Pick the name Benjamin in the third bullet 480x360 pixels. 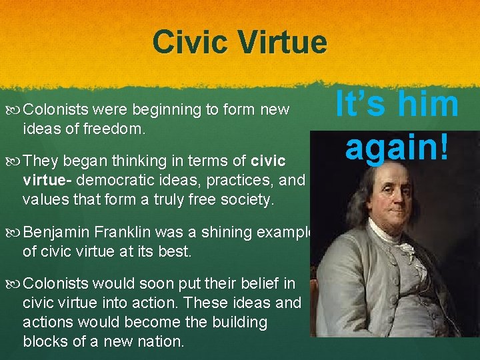[x=57, y=233]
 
